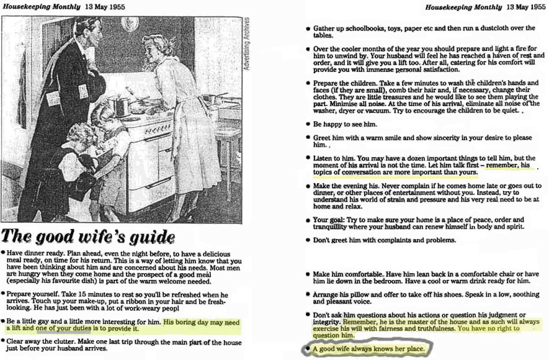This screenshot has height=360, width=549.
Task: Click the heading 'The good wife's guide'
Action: (x=88, y=236)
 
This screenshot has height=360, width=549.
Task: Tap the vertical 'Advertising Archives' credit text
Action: (x=247, y=43)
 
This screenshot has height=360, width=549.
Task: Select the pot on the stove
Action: (x=119, y=104)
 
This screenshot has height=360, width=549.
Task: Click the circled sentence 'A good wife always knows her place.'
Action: (x=368, y=349)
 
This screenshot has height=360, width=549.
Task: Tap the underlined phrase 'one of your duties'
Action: (x=63, y=328)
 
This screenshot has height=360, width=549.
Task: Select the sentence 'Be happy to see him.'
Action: (x=346, y=124)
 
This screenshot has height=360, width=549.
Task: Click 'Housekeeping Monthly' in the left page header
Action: (x=42, y=7)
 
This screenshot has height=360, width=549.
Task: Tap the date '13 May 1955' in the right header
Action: (x=526, y=7)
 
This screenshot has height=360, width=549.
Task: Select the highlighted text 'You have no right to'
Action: (x=488, y=328)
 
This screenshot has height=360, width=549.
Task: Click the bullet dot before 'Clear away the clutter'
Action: (x=3, y=341)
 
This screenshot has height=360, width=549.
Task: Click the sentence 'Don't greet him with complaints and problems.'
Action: (x=385, y=240)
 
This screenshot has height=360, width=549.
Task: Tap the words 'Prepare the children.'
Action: (x=346, y=83)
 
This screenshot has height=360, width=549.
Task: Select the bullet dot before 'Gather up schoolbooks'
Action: (x=308, y=29)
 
